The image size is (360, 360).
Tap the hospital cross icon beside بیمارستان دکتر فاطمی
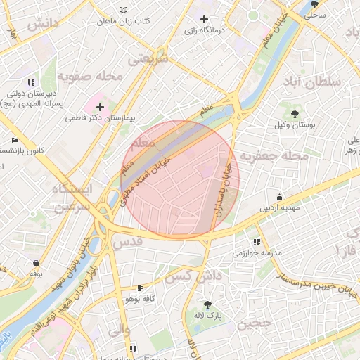[x=101, y=108]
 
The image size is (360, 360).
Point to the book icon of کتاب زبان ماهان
[x=124, y=10]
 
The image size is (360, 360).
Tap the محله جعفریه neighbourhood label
[x=275, y=155]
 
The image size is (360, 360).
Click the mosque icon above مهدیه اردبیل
[x=280, y=197]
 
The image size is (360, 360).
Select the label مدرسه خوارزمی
[x=257, y=252]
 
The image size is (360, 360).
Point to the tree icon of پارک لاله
[x=207, y=304]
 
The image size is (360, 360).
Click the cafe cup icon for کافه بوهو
[x=139, y=288]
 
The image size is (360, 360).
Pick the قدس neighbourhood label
[x=128, y=241]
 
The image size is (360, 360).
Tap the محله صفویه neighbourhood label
[x=91, y=75]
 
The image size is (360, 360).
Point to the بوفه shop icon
[x=36, y=263]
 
